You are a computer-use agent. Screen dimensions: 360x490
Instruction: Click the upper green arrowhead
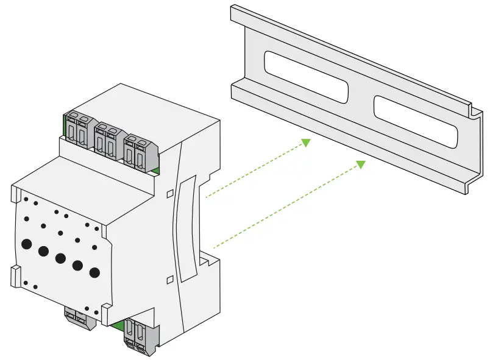coord(305,143)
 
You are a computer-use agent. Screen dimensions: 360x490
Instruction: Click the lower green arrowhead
coord(360,164)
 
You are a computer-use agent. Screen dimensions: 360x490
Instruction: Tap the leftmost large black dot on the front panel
coord(26,244)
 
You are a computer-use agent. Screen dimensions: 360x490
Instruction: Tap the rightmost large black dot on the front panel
coord(94,272)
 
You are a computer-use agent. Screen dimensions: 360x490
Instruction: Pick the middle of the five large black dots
coord(60,258)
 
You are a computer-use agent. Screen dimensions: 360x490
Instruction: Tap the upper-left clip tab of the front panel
coord(15,194)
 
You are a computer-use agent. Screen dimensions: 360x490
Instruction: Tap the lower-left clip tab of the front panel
coord(15,275)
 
